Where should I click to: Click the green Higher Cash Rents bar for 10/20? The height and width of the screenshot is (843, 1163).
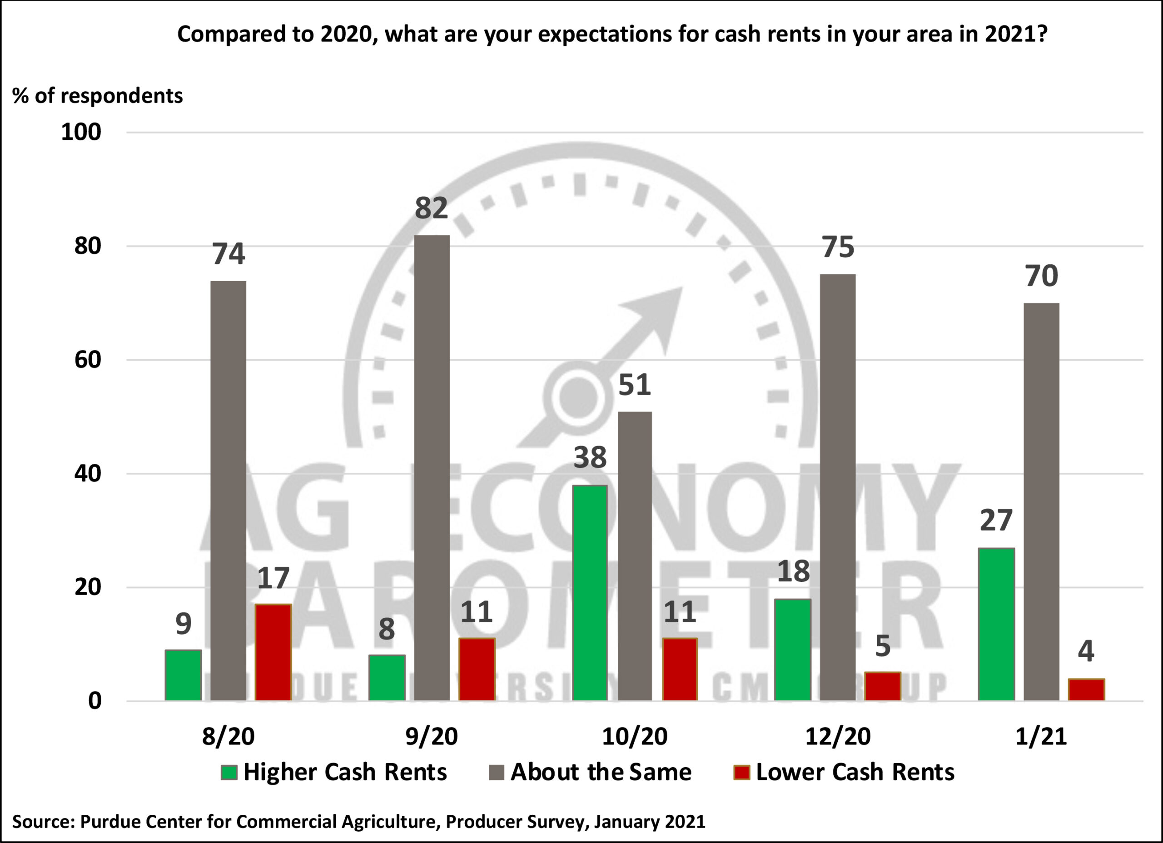pyautogui.click(x=590, y=593)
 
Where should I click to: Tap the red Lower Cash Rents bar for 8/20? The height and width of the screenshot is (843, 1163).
pyautogui.click(x=273, y=652)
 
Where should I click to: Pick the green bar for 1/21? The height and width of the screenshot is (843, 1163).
pyautogui.click(x=996, y=624)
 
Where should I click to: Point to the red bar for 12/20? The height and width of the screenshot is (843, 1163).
pyautogui.click(x=883, y=686)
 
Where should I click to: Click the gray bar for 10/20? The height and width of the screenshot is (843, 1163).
pyautogui.click(x=635, y=556)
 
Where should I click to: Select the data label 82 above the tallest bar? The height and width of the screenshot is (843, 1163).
pyautogui.click(x=431, y=208)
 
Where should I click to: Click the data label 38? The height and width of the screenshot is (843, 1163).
pyautogui.click(x=590, y=457)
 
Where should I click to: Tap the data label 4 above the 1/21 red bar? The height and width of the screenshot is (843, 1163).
pyautogui.click(x=1086, y=651)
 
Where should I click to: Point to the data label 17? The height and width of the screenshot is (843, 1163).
pyautogui.click(x=273, y=578)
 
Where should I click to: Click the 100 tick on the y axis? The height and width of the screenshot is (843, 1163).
pyautogui.click(x=81, y=132)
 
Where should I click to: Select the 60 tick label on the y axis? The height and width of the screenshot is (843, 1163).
pyautogui.click(x=88, y=360)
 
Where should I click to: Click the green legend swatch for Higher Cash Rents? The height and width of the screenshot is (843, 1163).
pyautogui.click(x=229, y=772)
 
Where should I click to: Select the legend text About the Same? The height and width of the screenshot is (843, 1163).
pyautogui.click(x=601, y=772)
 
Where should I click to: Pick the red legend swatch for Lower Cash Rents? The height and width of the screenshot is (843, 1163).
pyautogui.click(x=741, y=772)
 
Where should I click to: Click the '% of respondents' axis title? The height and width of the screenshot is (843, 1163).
pyautogui.click(x=97, y=96)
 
